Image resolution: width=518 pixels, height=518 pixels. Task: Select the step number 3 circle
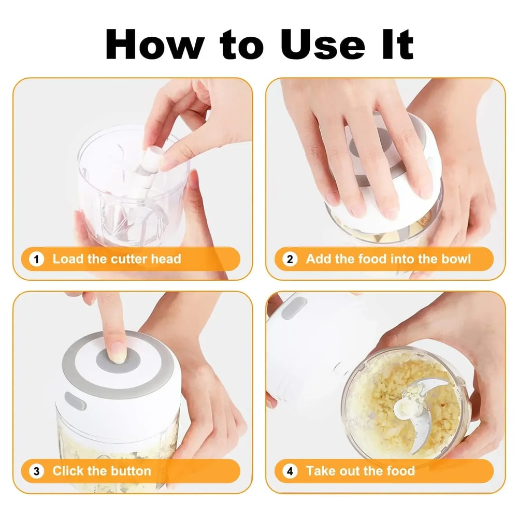pos(36,471)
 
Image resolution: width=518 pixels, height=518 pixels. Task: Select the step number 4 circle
pos(290,471)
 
